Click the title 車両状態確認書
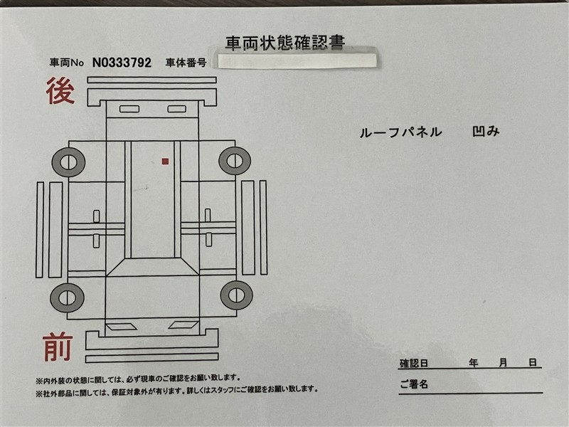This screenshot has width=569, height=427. pyautogui.click(x=285, y=43)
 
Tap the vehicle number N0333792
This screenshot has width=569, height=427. pyautogui.click(x=122, y=63)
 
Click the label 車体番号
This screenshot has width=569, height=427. pyautogui.click(x=186, y=63)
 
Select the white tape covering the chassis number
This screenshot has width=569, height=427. pyautogui.click(x=297, y=60)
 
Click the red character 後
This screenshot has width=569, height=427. pyautogui.click(x=60, y=91)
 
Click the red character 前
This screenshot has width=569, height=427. pyautogui.click(x=58, y=347)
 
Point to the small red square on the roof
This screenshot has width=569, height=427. pyautogui.click(x=165, y=162)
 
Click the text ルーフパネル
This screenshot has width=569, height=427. pyautogui.click(x=400, y=132)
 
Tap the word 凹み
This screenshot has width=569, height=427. pyautogui.click(x=486, y=132)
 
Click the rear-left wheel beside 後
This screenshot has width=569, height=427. pyautogui.click(x=68, y=162)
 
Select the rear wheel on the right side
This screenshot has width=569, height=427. pyautogui.click(x=235, y=161)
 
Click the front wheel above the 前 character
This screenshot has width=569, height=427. pyautogui.click(x=67, y=298)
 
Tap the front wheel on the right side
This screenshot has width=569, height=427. pyautogui.click(x=236, y=295)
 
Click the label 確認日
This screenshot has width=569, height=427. pyautogui.click(x=414, y=363)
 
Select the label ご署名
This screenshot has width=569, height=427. pyautogui.click(x=414, y=384)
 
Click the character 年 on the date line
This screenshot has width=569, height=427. pyautogui.click(x=473, y=363)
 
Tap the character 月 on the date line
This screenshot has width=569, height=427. pyautogui.click(x=503, y=363)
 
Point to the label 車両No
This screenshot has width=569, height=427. pyautogui.click(x=67, y=63)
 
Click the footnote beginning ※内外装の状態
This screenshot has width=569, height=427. pyautogui.click(x=138, y=379)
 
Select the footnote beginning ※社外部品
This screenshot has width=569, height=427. pyautogui.click(x=177, y=390)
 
